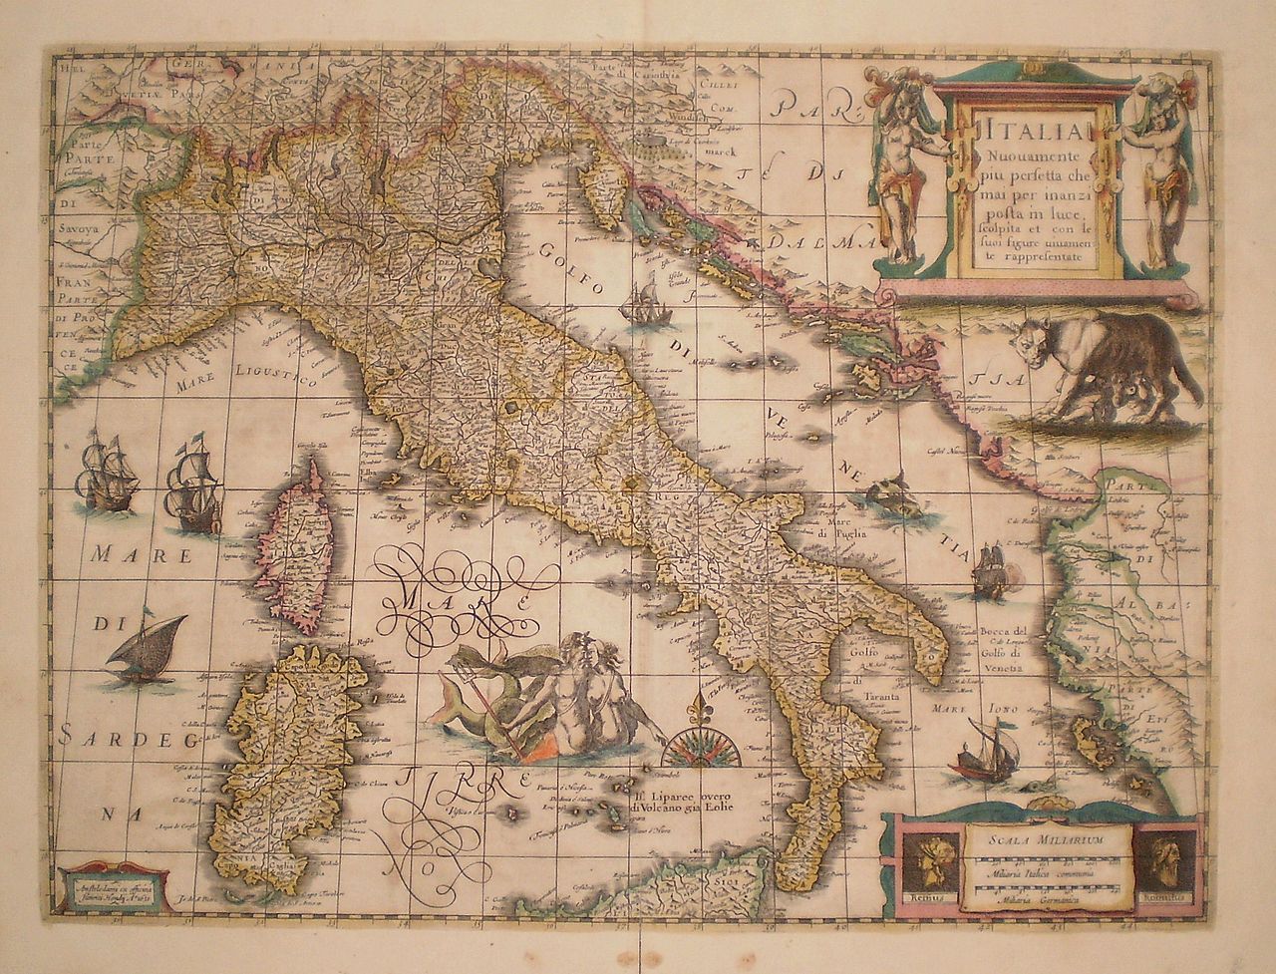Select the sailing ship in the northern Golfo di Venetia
[642, 296]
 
